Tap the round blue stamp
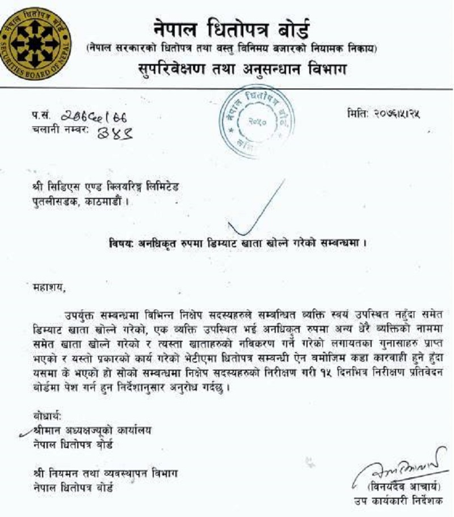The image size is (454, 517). tap(254, 118)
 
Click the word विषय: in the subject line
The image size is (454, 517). tap(121, 244)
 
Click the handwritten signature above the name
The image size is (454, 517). tap(397, 464)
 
